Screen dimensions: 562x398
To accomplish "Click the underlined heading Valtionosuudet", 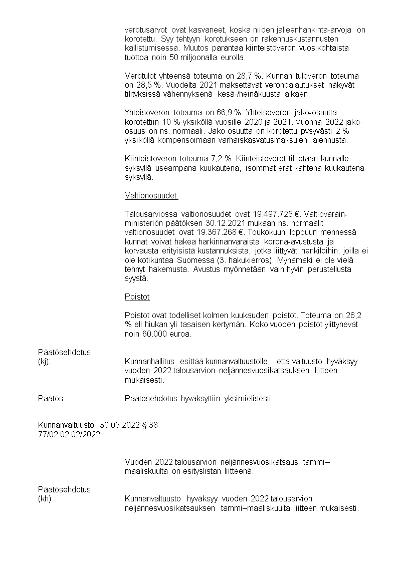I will [x=151, y=196].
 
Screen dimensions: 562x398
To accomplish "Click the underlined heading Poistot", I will [x=137, y=297].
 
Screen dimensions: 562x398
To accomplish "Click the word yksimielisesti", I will [x=249, y=399].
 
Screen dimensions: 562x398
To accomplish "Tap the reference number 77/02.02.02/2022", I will [x=69, y=434].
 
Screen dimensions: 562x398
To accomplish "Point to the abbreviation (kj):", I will [x=45, y=362].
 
